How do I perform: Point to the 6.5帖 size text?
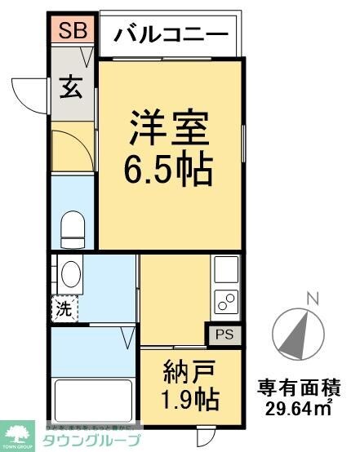coord(169,170)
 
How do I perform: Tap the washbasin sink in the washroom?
coord(71,273)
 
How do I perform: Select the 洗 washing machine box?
coord(63,309)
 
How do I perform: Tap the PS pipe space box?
coord(224,334)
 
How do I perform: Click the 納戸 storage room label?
coord(189,374)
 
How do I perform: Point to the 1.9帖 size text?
coord(189,400)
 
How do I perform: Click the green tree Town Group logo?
coord(19,432)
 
